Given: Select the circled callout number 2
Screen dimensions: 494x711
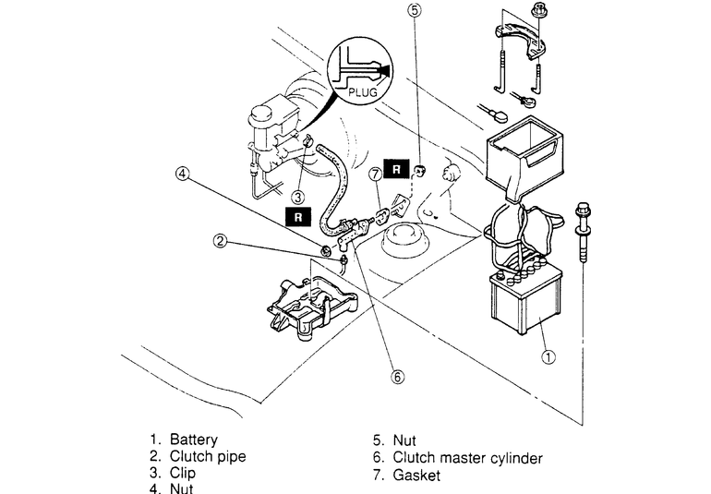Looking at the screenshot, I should click(x=220, y=241).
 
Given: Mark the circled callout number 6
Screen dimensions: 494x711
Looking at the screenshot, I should click(x=398, y=376).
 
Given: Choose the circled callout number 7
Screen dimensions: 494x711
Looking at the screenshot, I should click(x=375, y=173).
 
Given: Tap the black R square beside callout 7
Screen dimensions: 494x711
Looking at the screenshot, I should click(x=396, y=169).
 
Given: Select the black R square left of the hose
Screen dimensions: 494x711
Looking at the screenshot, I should click(x=297, y=217).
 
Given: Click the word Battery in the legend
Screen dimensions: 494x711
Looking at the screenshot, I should click(x=194, y=440).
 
